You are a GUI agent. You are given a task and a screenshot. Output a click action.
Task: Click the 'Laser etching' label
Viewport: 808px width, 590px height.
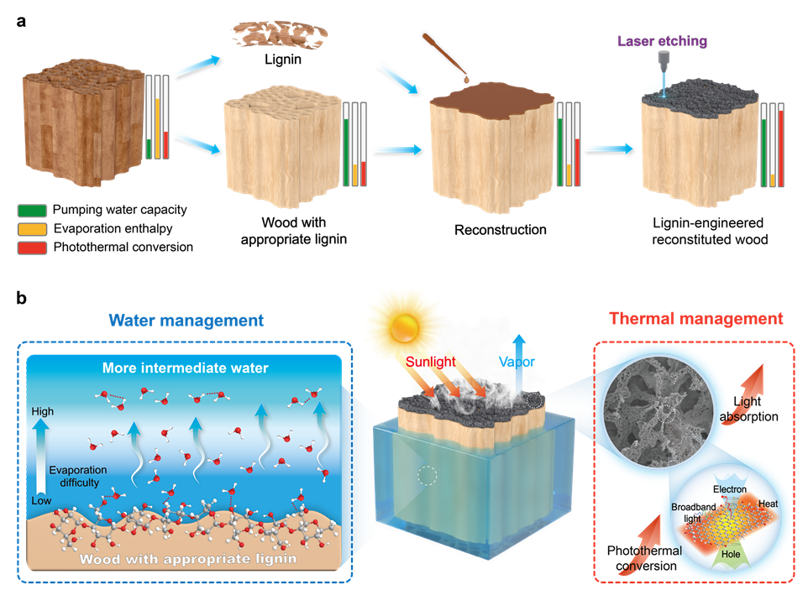click(x=662, y=41)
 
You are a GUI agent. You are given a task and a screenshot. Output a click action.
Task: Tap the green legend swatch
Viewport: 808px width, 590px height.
click(x=32, y=211)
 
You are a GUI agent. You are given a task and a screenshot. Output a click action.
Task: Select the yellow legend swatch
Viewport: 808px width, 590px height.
click(x=32, y=229)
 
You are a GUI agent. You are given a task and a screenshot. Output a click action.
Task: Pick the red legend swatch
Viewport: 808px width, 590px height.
click(x=32, y=248)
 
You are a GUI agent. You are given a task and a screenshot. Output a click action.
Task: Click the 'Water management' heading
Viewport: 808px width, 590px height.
click(x=186, y=320)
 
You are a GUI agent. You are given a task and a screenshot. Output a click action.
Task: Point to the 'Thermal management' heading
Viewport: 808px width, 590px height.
click(x=695, y=319)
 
